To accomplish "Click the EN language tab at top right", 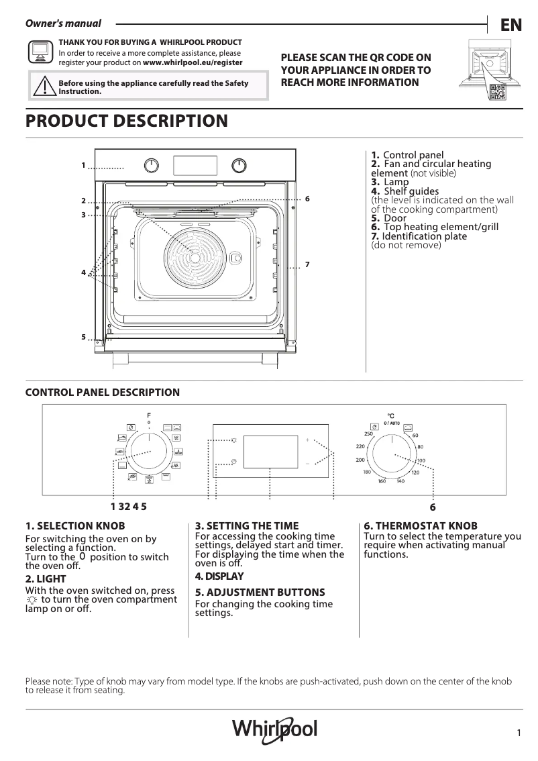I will (x=511, y=25).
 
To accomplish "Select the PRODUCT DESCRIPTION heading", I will (x=126, y=121).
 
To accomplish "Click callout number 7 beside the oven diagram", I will (x=307, y=265).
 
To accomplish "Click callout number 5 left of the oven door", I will (x=83, y=337).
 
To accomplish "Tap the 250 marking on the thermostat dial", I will (x=368, y=434).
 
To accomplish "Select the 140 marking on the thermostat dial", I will (x=400, y=482).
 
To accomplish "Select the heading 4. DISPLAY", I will (x=219, y=576).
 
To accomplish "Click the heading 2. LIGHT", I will (x=46, y=578).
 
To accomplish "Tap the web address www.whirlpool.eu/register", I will (x=193, y=62).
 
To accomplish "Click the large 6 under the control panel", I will (x=433, y=507).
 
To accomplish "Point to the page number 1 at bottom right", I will (x=519, y=733).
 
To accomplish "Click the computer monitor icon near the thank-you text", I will (x=40, y=52).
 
